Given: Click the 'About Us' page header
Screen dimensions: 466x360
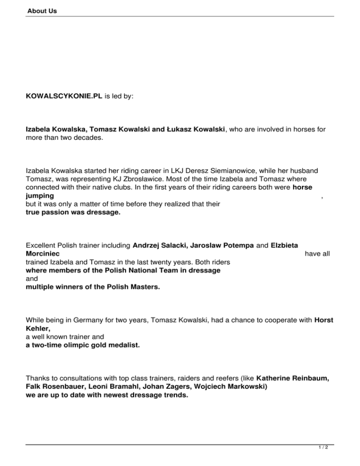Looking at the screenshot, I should pos(42,10).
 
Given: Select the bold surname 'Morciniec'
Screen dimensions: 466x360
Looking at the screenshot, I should pos(45,254).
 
